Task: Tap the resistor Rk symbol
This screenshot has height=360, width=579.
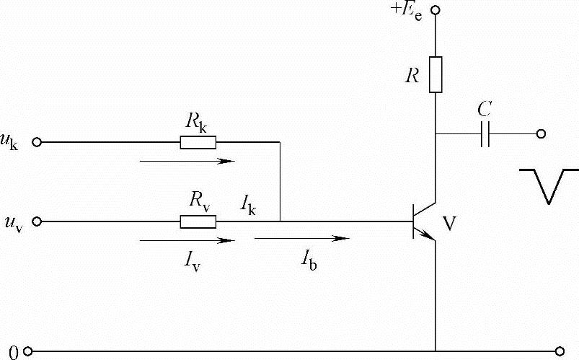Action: [x=198, y=143]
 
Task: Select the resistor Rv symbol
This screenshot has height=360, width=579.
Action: [x=198, y=221]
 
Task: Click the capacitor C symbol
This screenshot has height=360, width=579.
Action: [x=485, y=133]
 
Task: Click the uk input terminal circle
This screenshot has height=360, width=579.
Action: [x=37, y=143]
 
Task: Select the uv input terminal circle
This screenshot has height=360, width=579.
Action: [x=37, y=221]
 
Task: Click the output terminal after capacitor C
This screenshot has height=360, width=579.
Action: [x=541, y=133]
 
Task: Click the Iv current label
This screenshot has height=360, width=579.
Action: [x=193, y=260]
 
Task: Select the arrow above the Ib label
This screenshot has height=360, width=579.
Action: [x=302, y=237]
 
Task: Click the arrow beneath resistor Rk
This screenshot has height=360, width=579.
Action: [x=187, y=160]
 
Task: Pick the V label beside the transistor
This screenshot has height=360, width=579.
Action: [x=449, y=224]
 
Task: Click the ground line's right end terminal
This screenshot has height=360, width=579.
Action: [x=560, y=352]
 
